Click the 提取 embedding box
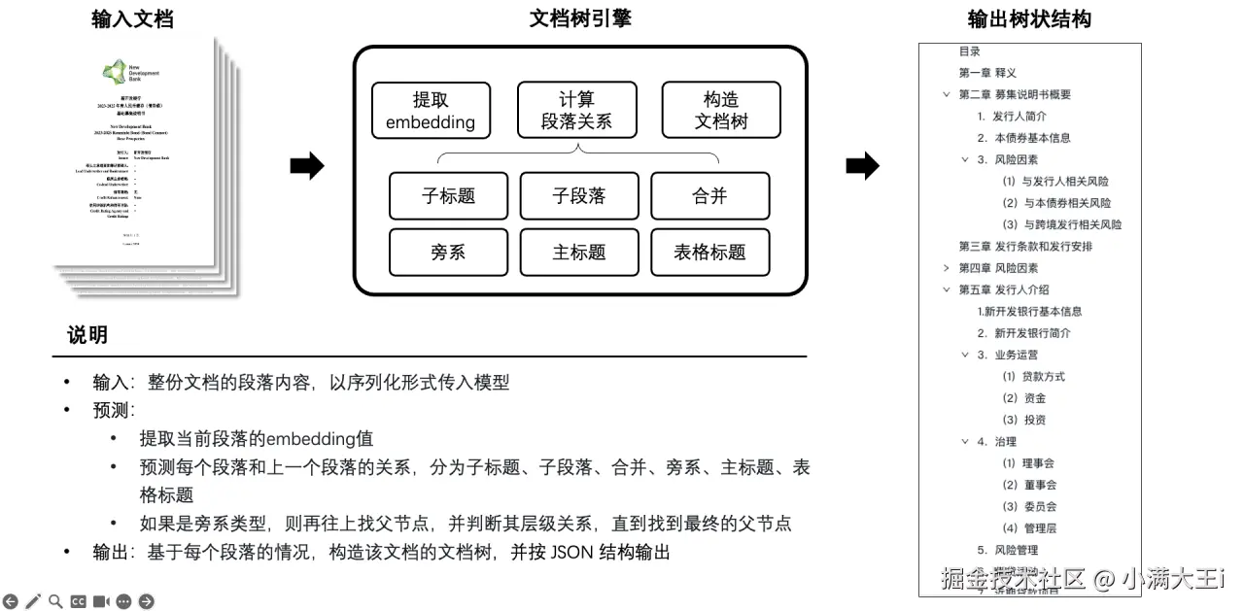pyautogui.click(x=431, y=110)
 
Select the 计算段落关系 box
pyautogui.click(x=577, y=110)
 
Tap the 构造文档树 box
pyautogui.click(x=721, y=110)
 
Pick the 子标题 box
pyautogui.click(x=448, y=195)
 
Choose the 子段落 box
pyautogui.click(x=579, y=195)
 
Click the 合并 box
pyautogui.click(x=709, y=195)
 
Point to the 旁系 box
pyautogui.click(x=448, y=252)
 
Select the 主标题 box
pyautogui.click(x=579, y=252)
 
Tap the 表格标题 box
pyautogui.click(x=709, y=252)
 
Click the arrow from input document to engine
pyautogui.click(x=307, y=166)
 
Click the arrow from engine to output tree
pyautogui.click(x=862, y=166)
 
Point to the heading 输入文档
pyautogui.click(x=133, y=19)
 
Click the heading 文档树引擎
pyautogui.click(x=580, y=17)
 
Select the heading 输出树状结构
pyautogui.click(x=1029, y=19)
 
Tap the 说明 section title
pyautogui.click(x=87, y=336)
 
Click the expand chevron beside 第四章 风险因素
pyautogui.click(x=947, y=268)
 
